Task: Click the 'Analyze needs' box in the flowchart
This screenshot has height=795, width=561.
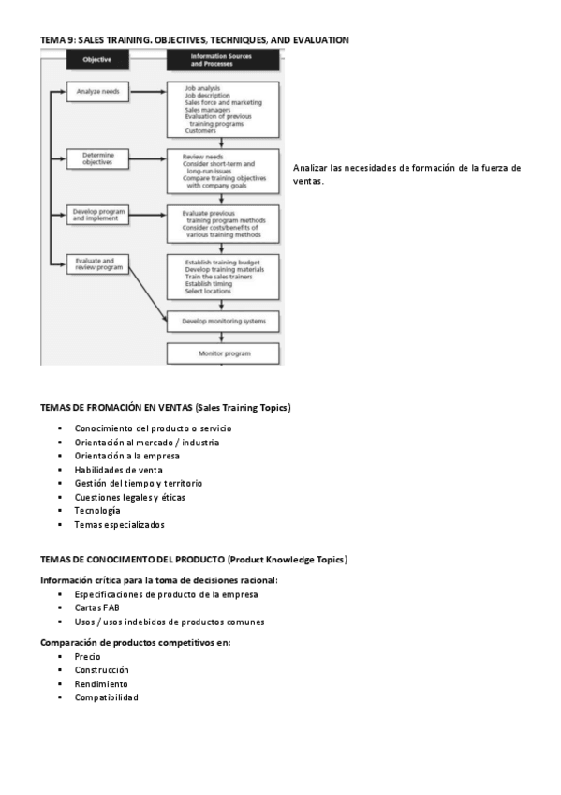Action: [x=97, y=93]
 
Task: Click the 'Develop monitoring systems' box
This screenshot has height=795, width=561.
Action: [x=223, y=321]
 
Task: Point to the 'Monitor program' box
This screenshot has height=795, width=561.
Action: [x=223, y=353]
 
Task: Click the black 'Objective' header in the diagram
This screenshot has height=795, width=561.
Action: [x=97, y=60]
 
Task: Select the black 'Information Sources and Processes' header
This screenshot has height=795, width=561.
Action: [x=222, y=60]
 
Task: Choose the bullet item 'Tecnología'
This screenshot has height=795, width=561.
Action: [x=96, y=511]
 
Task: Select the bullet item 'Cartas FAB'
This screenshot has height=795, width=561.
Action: [x=96, y=607]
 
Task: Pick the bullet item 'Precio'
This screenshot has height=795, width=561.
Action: [x=88, y=656]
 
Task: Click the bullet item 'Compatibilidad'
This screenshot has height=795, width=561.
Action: [x=106, y=697]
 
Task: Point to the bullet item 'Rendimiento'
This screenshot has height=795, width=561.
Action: [x=101, y=683]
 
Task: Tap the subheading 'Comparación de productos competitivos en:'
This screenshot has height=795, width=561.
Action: [x=135, y=642]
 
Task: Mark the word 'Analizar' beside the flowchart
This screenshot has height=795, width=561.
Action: [x=310, y=168]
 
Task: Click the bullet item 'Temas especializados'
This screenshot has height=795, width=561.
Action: [x=119, y=525]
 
